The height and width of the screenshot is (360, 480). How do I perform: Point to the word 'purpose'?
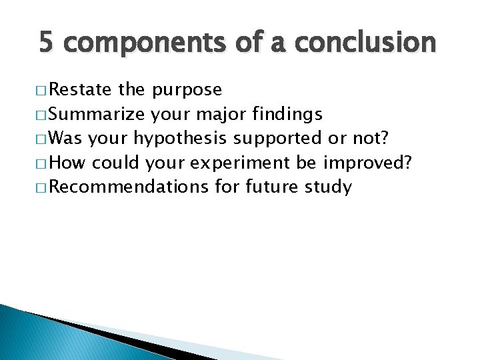(x=187, y=91)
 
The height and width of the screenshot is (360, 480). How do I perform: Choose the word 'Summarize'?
(x=98, y=114)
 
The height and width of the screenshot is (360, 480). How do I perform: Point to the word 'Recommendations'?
(x=129, y=187)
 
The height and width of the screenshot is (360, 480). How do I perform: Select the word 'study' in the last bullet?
(x=328, y=187)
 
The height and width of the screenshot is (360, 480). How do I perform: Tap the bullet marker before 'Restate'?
(x=42, y=91)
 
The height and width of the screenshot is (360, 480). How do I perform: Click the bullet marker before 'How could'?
(x=42, y=163)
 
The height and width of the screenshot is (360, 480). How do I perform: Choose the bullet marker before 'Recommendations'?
(x=42, y=187)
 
